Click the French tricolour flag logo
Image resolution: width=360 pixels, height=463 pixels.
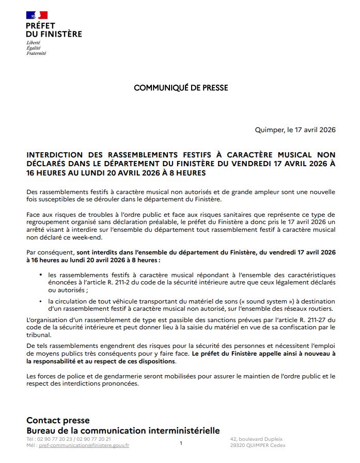(x=37, y=15)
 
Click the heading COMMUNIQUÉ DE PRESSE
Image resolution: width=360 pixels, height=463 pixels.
(x=181, y=88)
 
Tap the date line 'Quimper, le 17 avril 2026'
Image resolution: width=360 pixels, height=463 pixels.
(x=295, y=130)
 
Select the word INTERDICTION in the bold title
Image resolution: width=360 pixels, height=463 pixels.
(x=54, y=155)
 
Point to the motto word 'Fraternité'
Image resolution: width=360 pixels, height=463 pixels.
(x=36, y=53)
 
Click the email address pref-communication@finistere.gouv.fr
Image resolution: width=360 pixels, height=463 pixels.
(x=84, y=445)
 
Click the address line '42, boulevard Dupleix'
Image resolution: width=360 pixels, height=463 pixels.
(x=257, y=439)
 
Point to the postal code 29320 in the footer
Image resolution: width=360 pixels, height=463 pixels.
(x=240, y=445)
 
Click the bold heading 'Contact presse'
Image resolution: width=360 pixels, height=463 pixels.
(x=58, y=421)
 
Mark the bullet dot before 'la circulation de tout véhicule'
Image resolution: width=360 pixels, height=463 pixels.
(x=41, y=301)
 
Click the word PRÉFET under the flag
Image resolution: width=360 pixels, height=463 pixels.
(x=40, y=26)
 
